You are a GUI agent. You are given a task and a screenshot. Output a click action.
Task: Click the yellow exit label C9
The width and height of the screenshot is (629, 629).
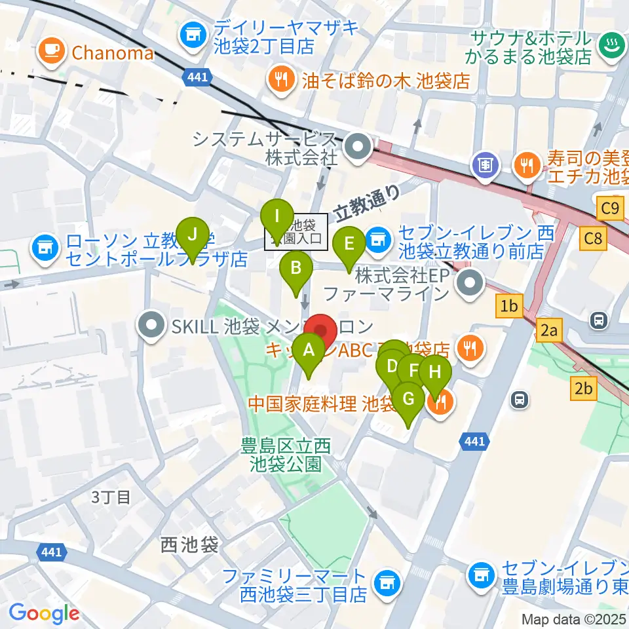coord(609,208)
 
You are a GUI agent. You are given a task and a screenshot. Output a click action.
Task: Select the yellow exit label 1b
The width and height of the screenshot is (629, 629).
coord(510,306)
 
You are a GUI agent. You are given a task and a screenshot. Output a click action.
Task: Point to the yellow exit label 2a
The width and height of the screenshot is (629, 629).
coord(548,332)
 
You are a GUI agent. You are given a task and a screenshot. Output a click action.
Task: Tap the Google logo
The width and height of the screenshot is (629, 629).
coord(45,613)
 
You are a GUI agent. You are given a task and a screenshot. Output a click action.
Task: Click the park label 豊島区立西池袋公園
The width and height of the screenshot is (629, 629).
coord(286,455)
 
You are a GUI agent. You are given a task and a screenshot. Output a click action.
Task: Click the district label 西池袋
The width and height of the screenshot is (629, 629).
coord(189,544)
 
